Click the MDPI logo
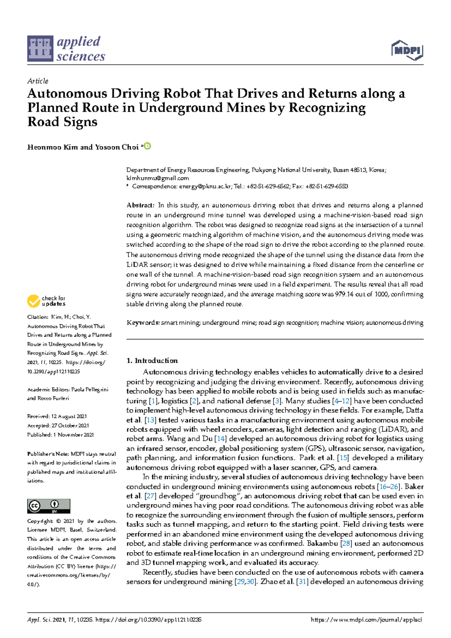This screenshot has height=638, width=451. (407, 50)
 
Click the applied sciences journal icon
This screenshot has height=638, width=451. (40, 49)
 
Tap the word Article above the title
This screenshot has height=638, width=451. (38, 81)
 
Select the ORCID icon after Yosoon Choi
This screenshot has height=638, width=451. (148, 146)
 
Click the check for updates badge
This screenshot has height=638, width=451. (46, 301)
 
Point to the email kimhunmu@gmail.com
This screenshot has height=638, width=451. (157, 178)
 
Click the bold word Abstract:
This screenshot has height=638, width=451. (140, 205)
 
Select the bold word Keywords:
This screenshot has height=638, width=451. (143, 323)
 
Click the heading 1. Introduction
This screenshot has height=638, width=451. (152, 360)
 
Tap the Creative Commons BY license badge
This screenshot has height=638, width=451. (48, 506)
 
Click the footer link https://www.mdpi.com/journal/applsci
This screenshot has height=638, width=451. (366, 620)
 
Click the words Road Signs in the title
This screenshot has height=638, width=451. (62, 122)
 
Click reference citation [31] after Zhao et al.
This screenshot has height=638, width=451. (302, 582)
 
